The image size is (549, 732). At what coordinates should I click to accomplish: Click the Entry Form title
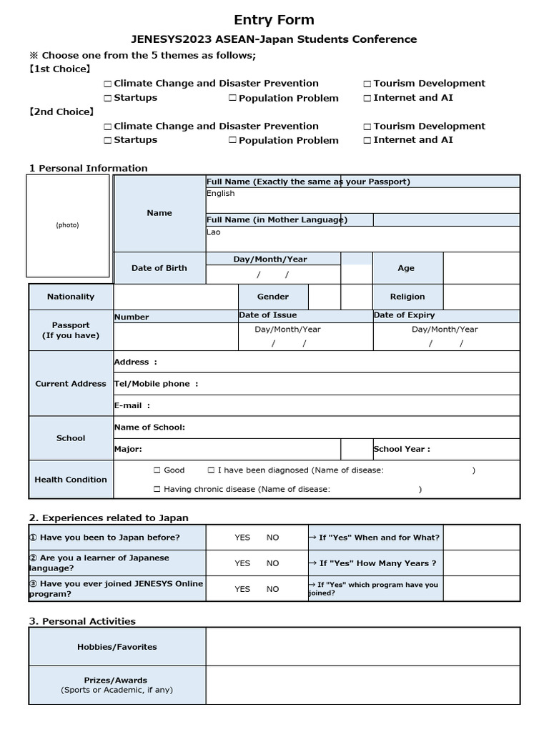point(274,19)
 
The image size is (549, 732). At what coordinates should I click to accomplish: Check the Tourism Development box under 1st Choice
point(367,84)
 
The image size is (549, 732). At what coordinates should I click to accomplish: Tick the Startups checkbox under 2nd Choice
point(108,141)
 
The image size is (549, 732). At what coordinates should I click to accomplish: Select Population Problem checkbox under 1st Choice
point(232,99)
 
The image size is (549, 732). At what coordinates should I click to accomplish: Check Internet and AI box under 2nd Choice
point(367,141)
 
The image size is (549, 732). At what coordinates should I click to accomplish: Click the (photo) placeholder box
point(68,225)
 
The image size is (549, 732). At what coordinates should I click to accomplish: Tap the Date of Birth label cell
point(159,268)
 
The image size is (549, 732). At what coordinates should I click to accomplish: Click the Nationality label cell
point(71,297)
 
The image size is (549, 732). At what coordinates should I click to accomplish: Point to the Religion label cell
point(407,297)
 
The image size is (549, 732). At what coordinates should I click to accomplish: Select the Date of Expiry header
point(404,315)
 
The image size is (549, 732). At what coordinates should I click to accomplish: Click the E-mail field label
point(132,405)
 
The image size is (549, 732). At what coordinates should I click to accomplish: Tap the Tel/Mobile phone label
point(156,384)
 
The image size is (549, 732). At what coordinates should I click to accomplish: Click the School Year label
point(402,450)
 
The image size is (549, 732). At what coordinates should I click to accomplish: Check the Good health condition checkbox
point(157,470)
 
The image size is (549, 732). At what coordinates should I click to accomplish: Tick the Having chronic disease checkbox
point(157,490)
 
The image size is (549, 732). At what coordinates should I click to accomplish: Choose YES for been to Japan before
point(242,538)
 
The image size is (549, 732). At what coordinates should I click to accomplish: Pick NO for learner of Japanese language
point(273,563)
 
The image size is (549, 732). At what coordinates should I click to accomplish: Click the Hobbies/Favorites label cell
point(117,647)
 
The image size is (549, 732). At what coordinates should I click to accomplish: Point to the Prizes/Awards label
point(117,681)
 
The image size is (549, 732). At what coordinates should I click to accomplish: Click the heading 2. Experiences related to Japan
point(109,518)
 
